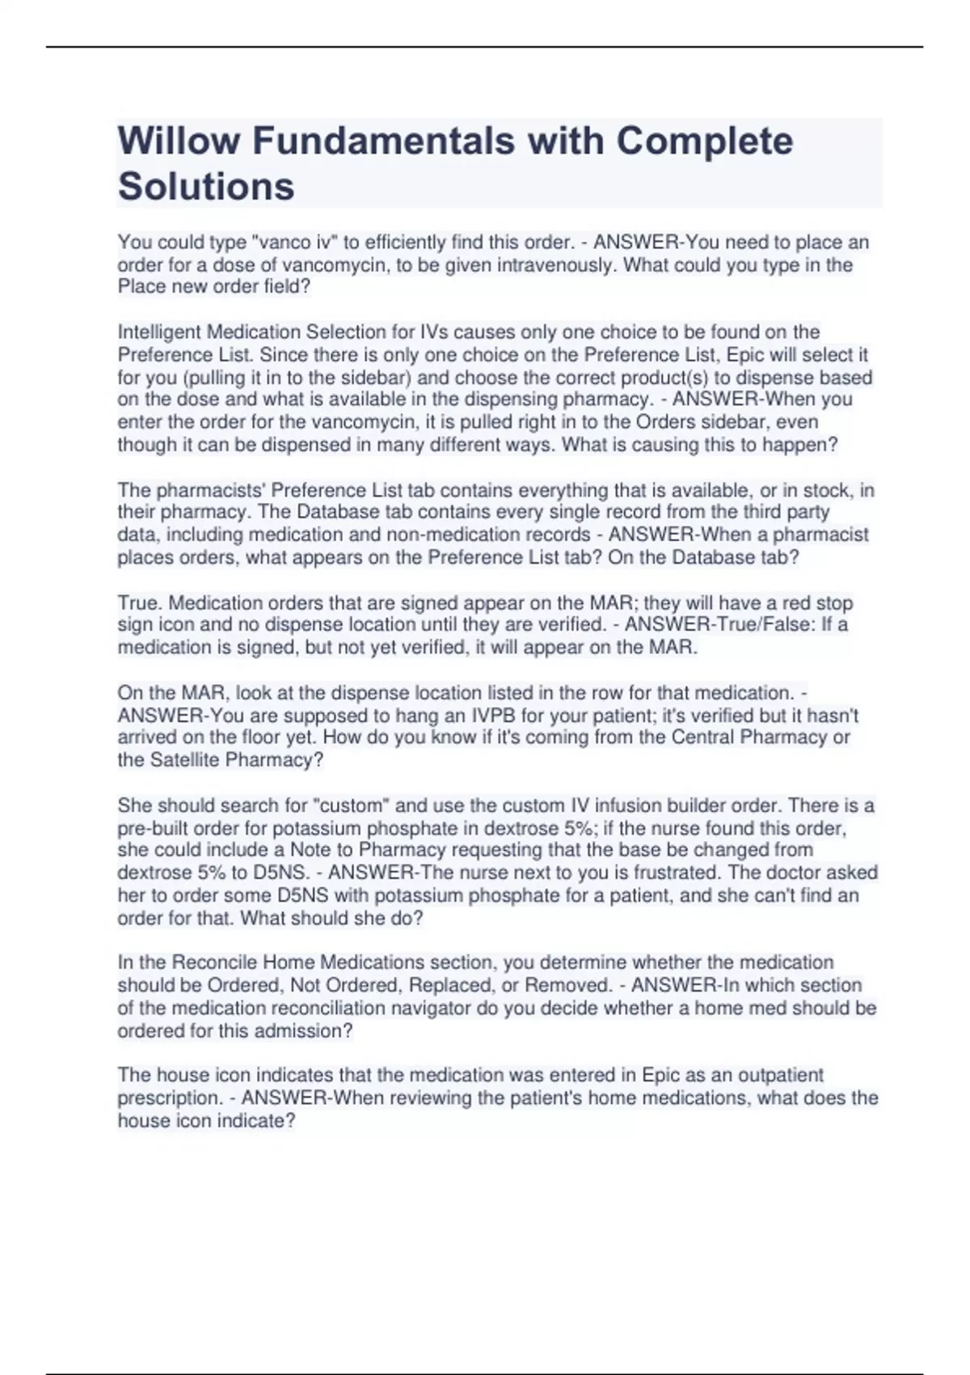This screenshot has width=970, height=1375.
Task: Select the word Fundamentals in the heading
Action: (x=383, y=141)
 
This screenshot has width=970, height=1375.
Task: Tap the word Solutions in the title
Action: (x=206, y=186)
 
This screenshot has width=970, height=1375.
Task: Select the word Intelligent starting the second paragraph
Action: (x=159, y=332)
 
